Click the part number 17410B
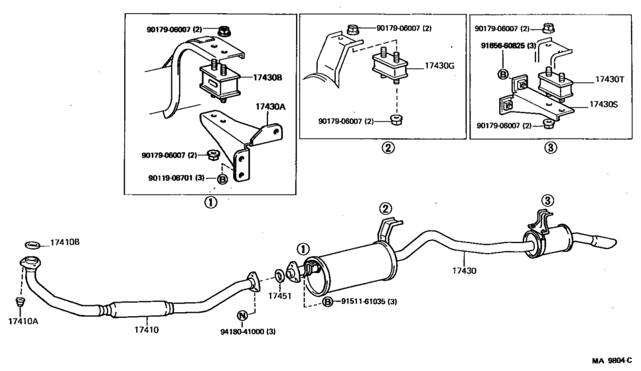point(65,242)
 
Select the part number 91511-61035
point(369,302)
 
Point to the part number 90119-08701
point(173,178)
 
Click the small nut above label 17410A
point(20,302)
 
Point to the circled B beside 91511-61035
point(328,303)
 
